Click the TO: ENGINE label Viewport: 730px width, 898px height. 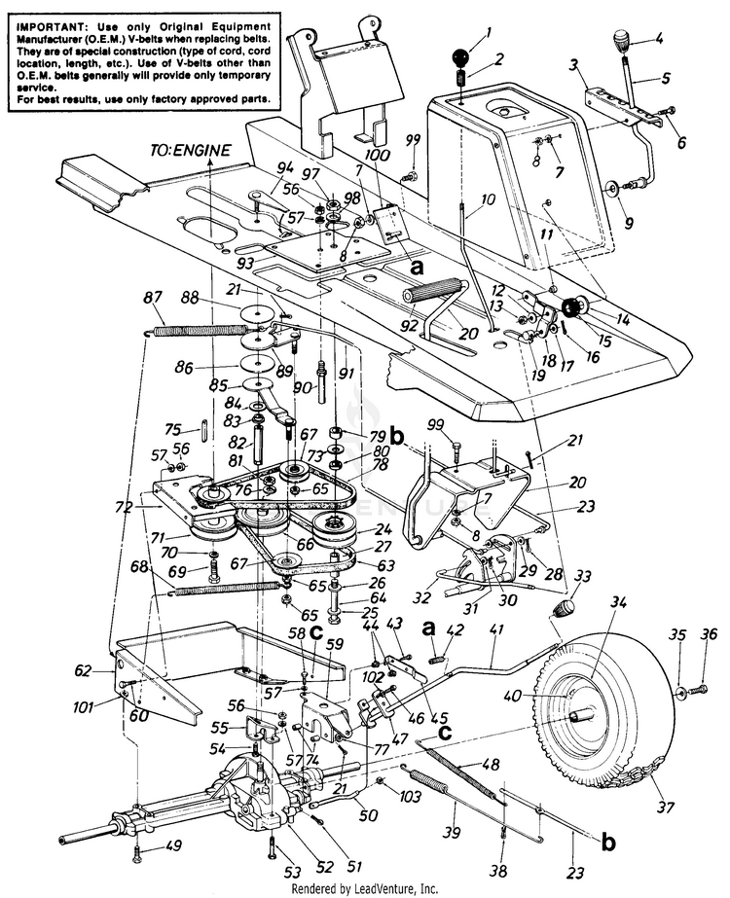pyautogui.click(x=191, y=150)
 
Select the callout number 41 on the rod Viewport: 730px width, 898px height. pyautogui.click(x=497, y=630)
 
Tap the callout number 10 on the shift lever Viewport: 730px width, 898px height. pyautogui.click(x=460, y=199)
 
